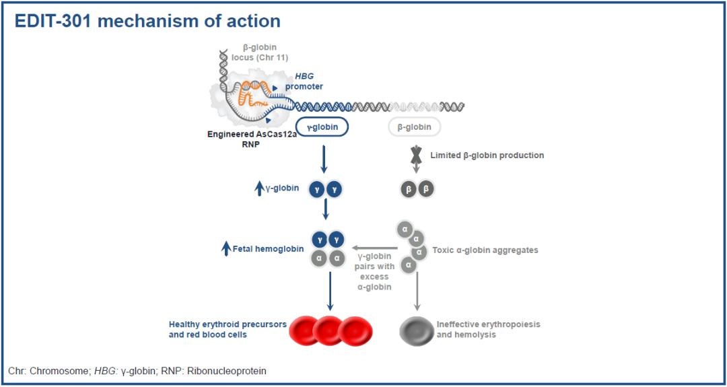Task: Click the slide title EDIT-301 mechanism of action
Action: (147, 21)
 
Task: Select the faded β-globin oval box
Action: (414, 127)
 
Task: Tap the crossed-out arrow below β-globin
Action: (415, 156)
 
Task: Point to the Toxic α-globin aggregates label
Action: (485, 250)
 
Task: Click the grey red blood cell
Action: (417, 330)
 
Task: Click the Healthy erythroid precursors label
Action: (228, 329)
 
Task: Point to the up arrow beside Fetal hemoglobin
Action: (226, 249)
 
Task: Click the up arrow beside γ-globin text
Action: (259, 189)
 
